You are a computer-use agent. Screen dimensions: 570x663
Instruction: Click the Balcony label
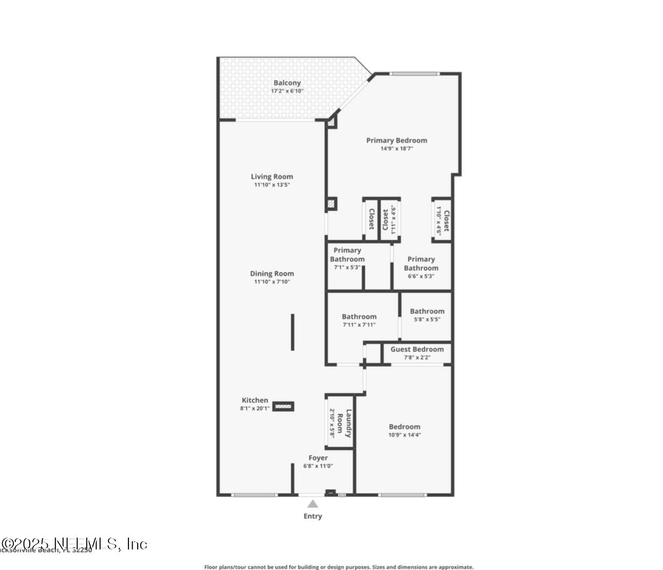[x=287, y=83]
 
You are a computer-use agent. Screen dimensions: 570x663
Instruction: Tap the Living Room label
[x=272, y=177]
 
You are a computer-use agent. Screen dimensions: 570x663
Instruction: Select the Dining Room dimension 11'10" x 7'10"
[x=272, y=282]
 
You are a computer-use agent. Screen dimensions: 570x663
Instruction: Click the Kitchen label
[x=255, y=400]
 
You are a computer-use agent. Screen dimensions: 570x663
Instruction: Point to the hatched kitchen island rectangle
[x=283, y=407]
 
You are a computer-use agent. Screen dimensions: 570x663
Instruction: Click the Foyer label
[x=318, y=458]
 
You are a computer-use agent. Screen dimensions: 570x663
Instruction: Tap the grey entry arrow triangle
[x=312, y=504]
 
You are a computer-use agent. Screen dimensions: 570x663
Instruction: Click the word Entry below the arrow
[x=312, y=516]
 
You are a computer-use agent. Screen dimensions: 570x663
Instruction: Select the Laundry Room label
[x=348, y=423]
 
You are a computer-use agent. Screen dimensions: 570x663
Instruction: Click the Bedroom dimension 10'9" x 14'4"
[x=404, y=435]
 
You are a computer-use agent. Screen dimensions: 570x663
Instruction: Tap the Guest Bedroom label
[x=417, y=350]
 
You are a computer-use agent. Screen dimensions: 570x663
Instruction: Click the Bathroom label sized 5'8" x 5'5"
[x=427, y=311]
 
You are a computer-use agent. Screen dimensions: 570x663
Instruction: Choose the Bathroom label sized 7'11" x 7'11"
[x=359, y=317]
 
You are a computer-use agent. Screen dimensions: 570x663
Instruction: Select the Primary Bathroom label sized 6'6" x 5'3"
[x=421, y=264]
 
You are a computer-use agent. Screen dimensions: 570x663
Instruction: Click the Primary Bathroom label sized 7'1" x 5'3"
[x=347, y=255]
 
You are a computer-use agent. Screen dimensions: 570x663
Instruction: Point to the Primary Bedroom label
[x=396, y=140]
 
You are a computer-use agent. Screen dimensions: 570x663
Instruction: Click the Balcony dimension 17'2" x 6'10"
[x=287, y=91]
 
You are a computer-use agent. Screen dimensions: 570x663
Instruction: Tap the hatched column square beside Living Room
[x=331, y=205]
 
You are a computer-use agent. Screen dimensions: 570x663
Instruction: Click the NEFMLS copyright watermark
[x=74, y=544]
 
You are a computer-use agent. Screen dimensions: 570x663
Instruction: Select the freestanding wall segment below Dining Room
[x=293, y=332]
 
